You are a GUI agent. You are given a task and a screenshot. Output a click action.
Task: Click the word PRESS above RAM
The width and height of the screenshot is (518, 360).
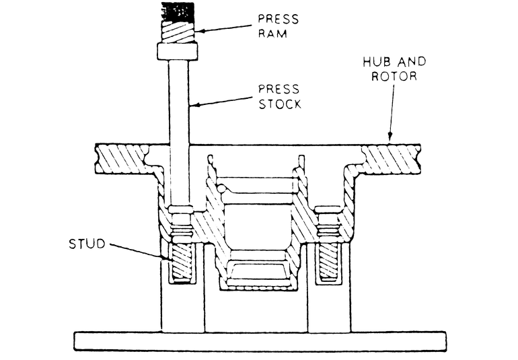tap(277, 19)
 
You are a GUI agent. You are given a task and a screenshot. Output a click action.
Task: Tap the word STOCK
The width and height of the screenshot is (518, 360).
tap(280, 104)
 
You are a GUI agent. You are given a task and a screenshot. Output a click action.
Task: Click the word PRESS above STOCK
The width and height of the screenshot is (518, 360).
tap(280, 89)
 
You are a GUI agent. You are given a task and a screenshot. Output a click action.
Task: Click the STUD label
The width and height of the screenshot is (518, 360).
tap(87, 244)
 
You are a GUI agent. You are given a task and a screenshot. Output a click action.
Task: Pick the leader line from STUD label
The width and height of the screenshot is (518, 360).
tap(135, 252)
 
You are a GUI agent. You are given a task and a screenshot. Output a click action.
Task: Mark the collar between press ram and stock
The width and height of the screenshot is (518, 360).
tap(177, 51)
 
